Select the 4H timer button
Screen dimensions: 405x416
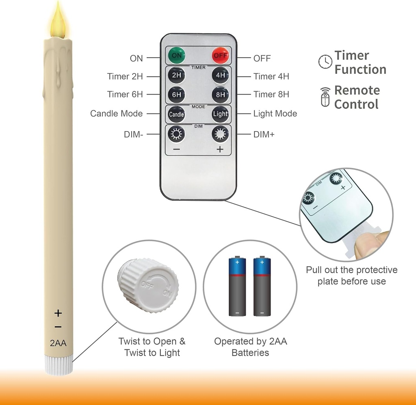[221, 75]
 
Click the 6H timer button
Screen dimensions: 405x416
[176, 94]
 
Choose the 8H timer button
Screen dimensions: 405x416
[221, 94]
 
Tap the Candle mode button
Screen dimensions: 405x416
[176, 114]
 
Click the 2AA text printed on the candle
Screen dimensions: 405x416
[58, 343]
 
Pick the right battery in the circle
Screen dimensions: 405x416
[262, 286]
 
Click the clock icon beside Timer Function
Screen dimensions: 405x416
[325, 62]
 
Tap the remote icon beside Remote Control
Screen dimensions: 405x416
[325, 97]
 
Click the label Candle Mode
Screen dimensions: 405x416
[116, 114]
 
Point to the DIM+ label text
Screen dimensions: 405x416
[264, 134]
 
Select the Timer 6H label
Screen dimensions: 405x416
[125, 95]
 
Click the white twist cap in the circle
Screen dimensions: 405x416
[148, 284]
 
